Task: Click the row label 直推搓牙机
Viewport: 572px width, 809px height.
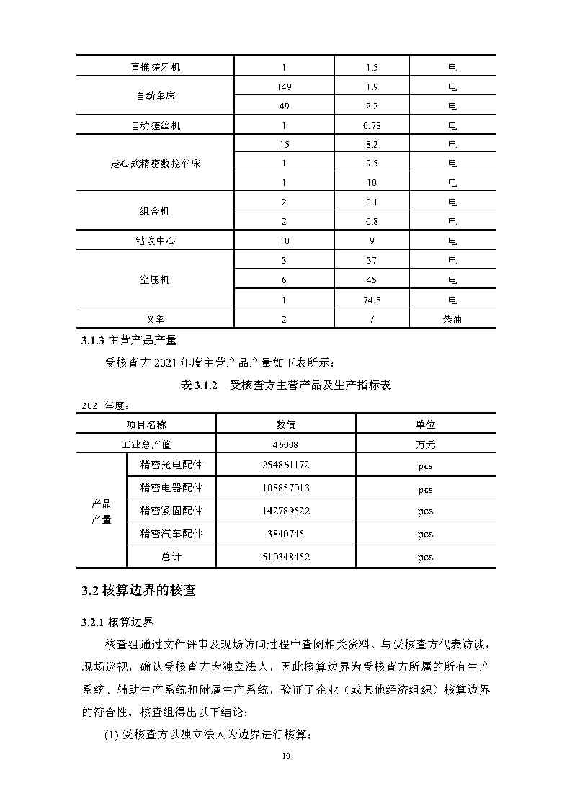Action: pyautogui.click(x=156, y=68)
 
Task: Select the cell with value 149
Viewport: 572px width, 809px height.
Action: pyautogui.click(x=284, y=87)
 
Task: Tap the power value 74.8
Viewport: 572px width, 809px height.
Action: pyautogui.click(x=372, y=300)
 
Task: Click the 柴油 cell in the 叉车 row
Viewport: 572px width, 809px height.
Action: pyautogui.click(x=452, y=319)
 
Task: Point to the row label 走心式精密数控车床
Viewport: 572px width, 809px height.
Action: pyautogui.click(x=156, y=164)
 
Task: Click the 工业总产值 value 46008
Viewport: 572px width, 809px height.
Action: pyautogui.click(x=285, y=445)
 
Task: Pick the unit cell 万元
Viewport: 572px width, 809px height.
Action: pyautogui.click(x=426, y=445)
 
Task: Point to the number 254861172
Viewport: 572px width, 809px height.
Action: pyautogui.click(x=285, y=465)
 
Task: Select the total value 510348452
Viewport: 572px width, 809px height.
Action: pyautogui.click(x=285, y=557)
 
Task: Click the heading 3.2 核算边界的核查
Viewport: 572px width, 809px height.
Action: pyautogui.click(x=138, y=591)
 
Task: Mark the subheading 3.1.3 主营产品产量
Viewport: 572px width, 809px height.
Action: pyautogui.click(x=129, y=340)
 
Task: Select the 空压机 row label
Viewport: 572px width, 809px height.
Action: pyautogui.click(x=156, y=280)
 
